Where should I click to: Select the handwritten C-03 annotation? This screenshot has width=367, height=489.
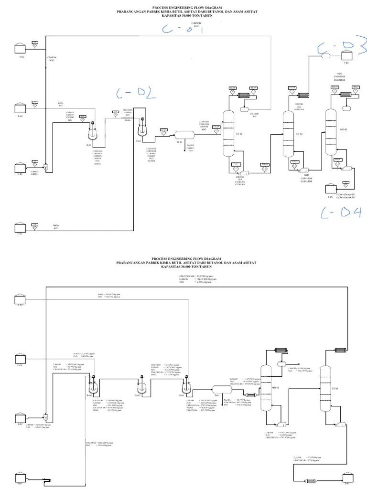coord(340,49)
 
